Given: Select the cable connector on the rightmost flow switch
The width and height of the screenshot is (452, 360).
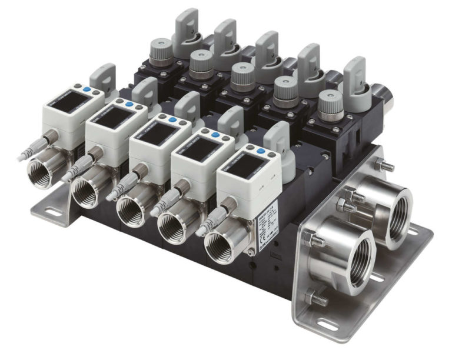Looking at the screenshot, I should coord(215,215).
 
